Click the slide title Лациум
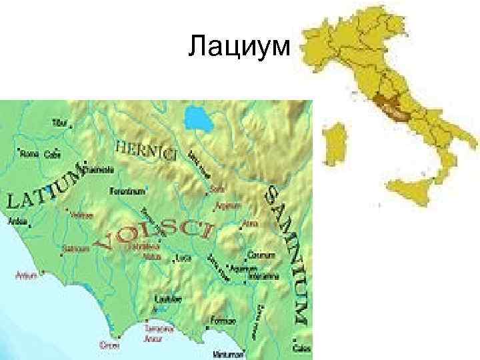(x=239, y=48)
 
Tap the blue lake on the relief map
(x=198, y=118)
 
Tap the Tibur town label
(x=59, y=124)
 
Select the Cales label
(x=303, y=347)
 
